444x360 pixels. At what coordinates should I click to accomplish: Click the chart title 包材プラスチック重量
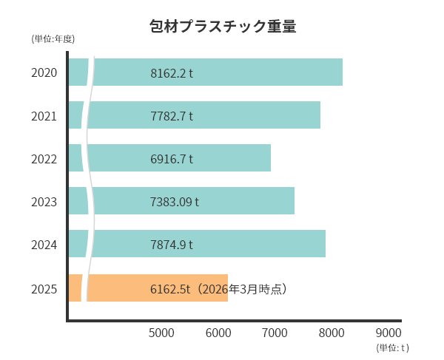(x=222, y=27)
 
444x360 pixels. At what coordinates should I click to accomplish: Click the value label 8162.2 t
(x=172, y=73)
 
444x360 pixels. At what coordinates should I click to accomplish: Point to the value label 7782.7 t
(x=172, y=116)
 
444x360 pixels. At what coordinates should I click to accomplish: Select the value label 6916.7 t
(x=172, y=159)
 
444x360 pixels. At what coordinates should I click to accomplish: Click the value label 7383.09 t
(x=175, y=201)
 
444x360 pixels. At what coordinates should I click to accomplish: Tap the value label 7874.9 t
(x=172, y=244)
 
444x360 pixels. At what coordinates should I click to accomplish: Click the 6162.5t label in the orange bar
(x=170, y=288)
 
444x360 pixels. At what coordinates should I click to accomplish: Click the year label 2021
(x=44, y=116)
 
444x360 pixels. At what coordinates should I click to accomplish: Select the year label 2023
(x=44, y=201)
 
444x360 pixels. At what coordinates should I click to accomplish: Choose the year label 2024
(x=44, y=244)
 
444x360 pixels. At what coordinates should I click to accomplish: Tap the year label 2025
(x=44, y=288)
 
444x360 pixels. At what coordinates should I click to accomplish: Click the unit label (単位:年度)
(x=53, y=38)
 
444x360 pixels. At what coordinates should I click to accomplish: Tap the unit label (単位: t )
(x=392, y=347)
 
